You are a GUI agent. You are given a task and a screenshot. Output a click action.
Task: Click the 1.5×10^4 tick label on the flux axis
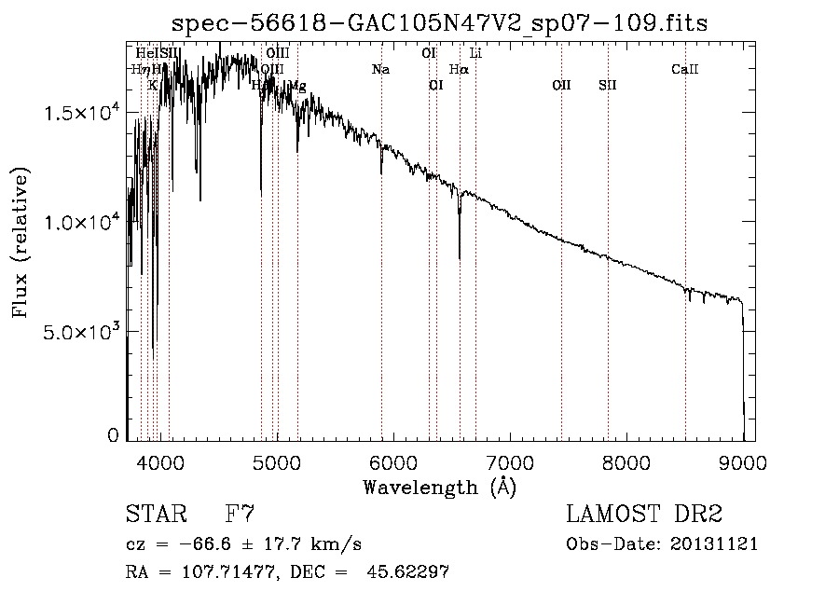85,113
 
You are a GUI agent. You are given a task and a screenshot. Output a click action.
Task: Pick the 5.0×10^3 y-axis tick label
85,332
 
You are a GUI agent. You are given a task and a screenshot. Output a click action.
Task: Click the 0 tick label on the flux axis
114,435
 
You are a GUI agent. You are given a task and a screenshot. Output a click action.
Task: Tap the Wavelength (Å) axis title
439,487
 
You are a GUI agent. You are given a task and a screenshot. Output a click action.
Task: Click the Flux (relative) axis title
21,242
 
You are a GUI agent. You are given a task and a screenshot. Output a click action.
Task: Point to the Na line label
380,70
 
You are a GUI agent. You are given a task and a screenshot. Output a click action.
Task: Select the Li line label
475,53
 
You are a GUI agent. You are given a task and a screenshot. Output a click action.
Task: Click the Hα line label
459,70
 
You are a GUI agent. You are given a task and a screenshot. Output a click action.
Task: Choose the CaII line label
685,70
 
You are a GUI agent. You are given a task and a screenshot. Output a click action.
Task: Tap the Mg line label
296,86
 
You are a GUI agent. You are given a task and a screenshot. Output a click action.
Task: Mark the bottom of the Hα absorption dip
460,258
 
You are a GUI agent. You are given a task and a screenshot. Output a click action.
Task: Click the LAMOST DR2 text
644,515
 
